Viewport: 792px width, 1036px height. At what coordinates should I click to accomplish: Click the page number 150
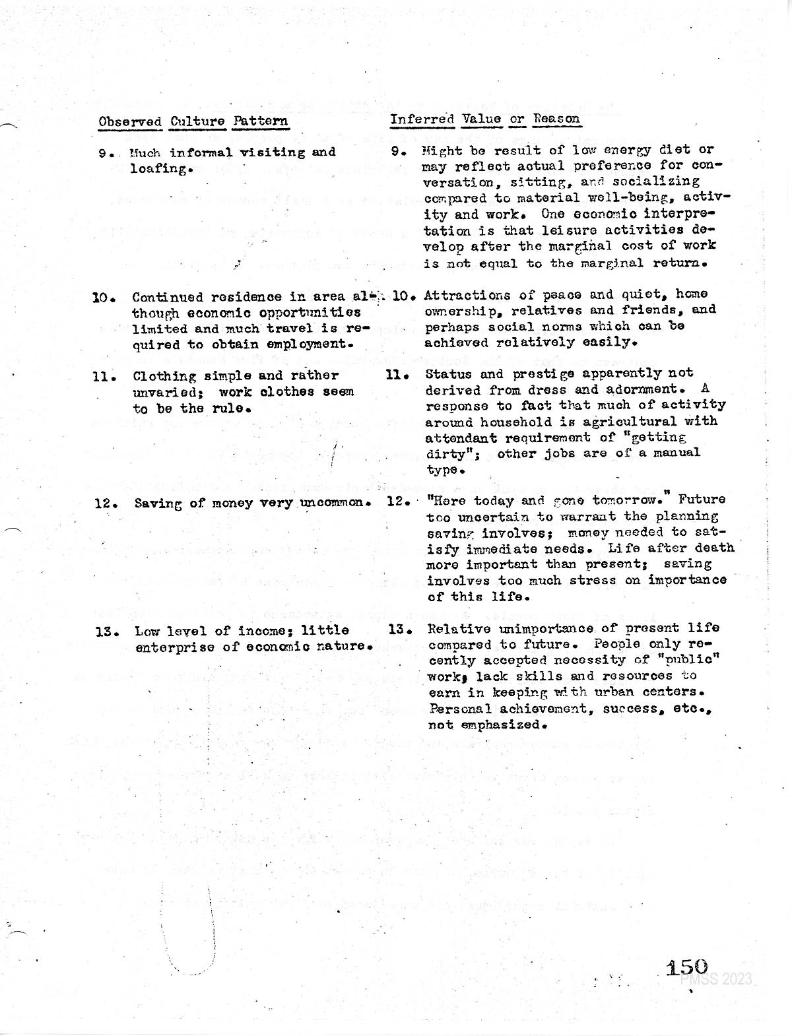point(686,968)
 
